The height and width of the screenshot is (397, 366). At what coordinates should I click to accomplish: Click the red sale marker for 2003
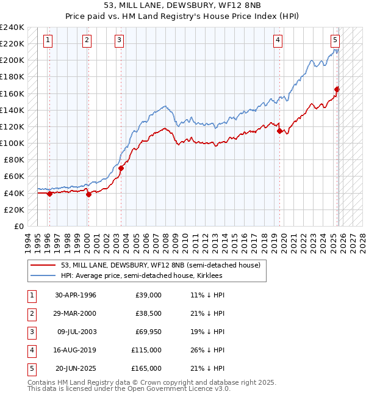121,168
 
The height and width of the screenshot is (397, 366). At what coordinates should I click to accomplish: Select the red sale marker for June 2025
337,89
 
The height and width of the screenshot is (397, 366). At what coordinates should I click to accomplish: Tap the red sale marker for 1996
50,194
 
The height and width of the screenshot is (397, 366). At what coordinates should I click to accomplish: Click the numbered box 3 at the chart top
119,40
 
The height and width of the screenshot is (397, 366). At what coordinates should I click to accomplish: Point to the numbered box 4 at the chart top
278,40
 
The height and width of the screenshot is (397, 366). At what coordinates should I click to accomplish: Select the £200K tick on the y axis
12,60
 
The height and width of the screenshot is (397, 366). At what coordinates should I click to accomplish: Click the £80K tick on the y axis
13,160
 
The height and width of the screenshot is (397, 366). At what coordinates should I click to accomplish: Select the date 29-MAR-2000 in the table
76,313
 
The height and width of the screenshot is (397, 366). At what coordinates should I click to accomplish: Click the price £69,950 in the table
147,332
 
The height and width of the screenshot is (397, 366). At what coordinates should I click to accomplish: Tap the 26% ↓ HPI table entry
207,350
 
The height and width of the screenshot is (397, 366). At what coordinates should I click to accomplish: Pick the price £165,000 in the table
147,368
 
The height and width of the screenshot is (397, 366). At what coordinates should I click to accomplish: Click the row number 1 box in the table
30,295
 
